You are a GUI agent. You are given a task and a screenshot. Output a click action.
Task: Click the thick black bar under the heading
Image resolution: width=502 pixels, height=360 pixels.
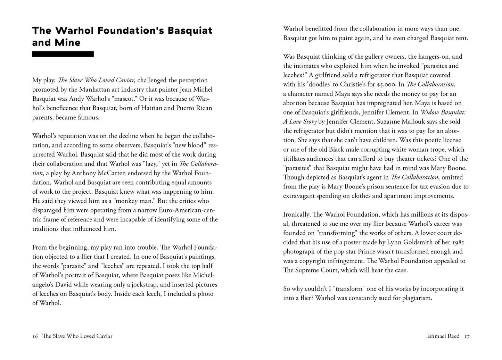63,54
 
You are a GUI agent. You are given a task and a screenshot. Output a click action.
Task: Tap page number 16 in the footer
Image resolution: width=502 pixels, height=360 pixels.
35,336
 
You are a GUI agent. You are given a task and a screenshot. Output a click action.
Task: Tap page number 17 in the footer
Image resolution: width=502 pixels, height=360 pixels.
467,336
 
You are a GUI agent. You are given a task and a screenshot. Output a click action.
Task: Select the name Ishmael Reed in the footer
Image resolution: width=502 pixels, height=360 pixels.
443,336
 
